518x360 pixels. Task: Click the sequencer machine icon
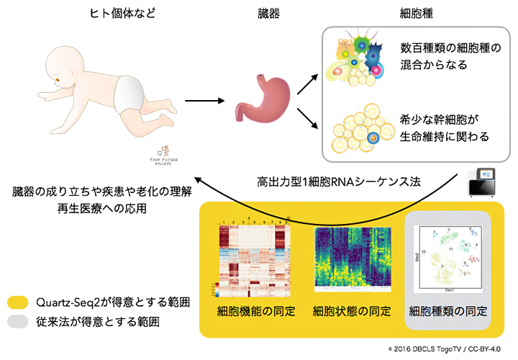tap(484, 183)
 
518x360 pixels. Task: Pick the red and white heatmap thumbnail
tap(253, 256)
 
